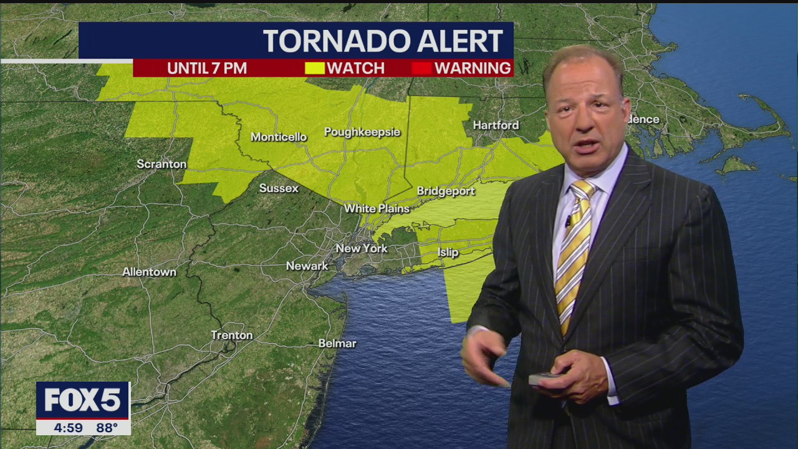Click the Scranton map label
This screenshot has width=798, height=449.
click(x=161, y=164)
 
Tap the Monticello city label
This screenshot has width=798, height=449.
click(x=279, y=137)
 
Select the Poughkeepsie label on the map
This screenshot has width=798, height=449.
click(x=362, y=132)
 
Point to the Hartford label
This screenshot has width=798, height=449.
click(x=496, y=125)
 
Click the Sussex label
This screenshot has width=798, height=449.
click(x=279, y=188)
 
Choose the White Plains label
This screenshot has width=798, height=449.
click(x=377, y=208)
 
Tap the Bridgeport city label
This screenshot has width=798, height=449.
click(x=446, y=191)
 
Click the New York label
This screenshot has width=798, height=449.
click(x=362, y=248)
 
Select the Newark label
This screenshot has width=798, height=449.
click(x=307, y=266)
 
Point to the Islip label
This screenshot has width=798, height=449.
click(x=448, y=252)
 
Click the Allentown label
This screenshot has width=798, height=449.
click(x=149, y=272)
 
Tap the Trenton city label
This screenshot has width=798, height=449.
click(x=231, y=335)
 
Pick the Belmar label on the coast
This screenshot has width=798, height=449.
click(x=337, y=344)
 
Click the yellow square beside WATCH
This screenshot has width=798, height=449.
click(x=314, y=68)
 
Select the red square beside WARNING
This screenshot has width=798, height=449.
click(x=421, y=68)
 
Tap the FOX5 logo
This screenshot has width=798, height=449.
click(x=83, y=400)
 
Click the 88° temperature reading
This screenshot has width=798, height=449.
click(x=107, y=428)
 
